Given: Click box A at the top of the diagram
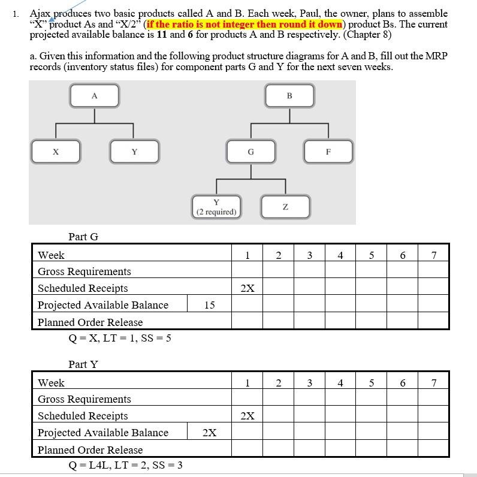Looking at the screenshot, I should pyautogui.click(x=94, y=96).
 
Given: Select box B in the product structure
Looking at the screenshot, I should pyautogui.click(x=289, y=96).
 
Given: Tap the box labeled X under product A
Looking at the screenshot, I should pyautogui.click(x=56, y=152).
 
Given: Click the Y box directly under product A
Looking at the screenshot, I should pyautogui.click(x=134, y=152).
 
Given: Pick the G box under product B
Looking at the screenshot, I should pyautogui.click(x=250, y=152).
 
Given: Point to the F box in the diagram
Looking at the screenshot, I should pyautogui.click(x=328, y=152).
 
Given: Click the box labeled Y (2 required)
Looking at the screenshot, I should pyautogui.click(x=216, y=207).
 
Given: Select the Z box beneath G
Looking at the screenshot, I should pyautogui.click(x=285, y=207).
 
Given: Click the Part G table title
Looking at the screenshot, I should pyautogui.click(x=83, y=237).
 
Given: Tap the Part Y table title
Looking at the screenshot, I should pyautogui.click(x=83, y=364).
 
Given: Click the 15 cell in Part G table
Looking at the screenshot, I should pyautogui.click(x=209, y=305).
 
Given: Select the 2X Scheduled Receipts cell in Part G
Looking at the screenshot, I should pyautogui.click(x=247, y=288).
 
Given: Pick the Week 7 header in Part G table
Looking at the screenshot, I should pyautogui.click(x=433, y=256).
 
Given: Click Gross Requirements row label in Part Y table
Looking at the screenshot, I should pyautogui.click(x=84, y=399).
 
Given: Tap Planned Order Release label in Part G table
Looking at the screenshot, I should pyautogui.click(x=90, y=322).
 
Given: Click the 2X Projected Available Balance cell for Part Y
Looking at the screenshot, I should pyautogui.click(x=209, y=433).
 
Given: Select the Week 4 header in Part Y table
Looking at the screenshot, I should pyautogui.click(x=340, y=383).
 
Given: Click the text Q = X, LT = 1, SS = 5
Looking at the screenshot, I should pyautogui.click(x=120, y=338).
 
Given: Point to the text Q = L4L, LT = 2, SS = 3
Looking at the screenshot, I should pyautogui.click(x=125, y=465).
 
